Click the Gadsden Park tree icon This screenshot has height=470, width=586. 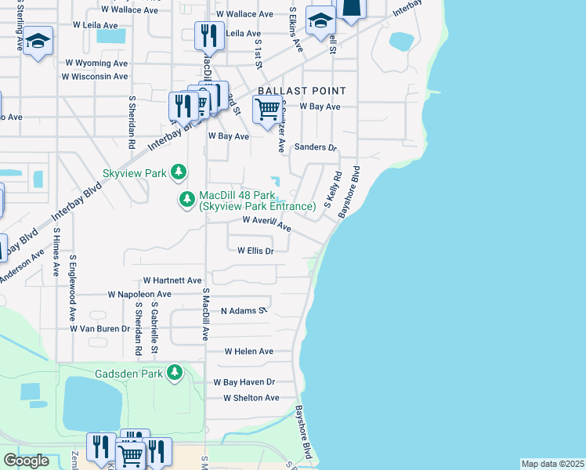pyautogui.click(x=178, y=374)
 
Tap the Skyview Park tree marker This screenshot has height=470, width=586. pyautogui.click(x=179, y=171)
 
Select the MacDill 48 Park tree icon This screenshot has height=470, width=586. pyautogui.click(x=187, y=200)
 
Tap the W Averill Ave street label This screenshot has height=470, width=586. pyautogui.click(x=267, y=224)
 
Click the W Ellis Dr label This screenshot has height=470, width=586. pyautogui.click(x=255, y=251)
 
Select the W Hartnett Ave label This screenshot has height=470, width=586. pyautogui.click(x=172, y=280)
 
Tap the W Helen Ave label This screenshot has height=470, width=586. pyautogui.click(x=249, y=352)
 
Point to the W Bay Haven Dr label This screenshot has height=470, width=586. pyautogui.click(x=244, y=382)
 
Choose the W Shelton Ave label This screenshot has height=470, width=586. pyautogui.click(x=251, y=398)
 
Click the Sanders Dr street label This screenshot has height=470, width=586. pyautogui.click(x=315, y=147)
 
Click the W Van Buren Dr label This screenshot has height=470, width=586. pyautogui.click(x=99, y=329)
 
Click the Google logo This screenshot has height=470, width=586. pyautogui.click(x=27, y=461)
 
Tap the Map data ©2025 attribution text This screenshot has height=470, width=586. pyautogui.click(x=552, y=464)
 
